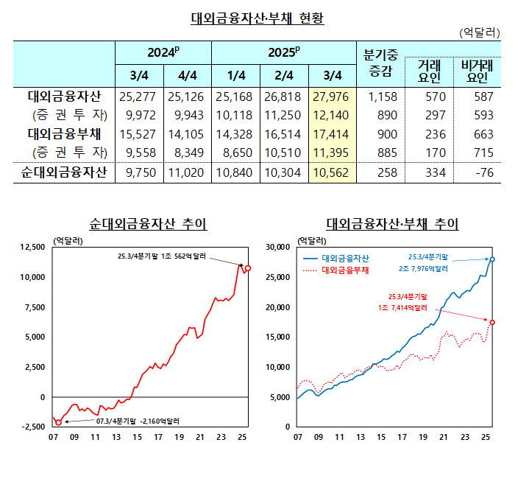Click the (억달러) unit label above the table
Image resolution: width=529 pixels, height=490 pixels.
(480, 33)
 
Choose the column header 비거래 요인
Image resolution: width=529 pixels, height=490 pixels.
(477, 72)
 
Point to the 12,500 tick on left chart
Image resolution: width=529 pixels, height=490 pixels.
(32, 247)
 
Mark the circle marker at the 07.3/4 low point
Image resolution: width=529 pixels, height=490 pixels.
(58, 422)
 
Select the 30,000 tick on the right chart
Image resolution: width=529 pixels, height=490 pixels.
(280, 247)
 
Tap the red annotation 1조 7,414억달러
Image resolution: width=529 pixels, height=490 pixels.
(402, 307)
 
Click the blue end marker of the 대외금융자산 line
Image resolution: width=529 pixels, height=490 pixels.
(491, 259)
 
